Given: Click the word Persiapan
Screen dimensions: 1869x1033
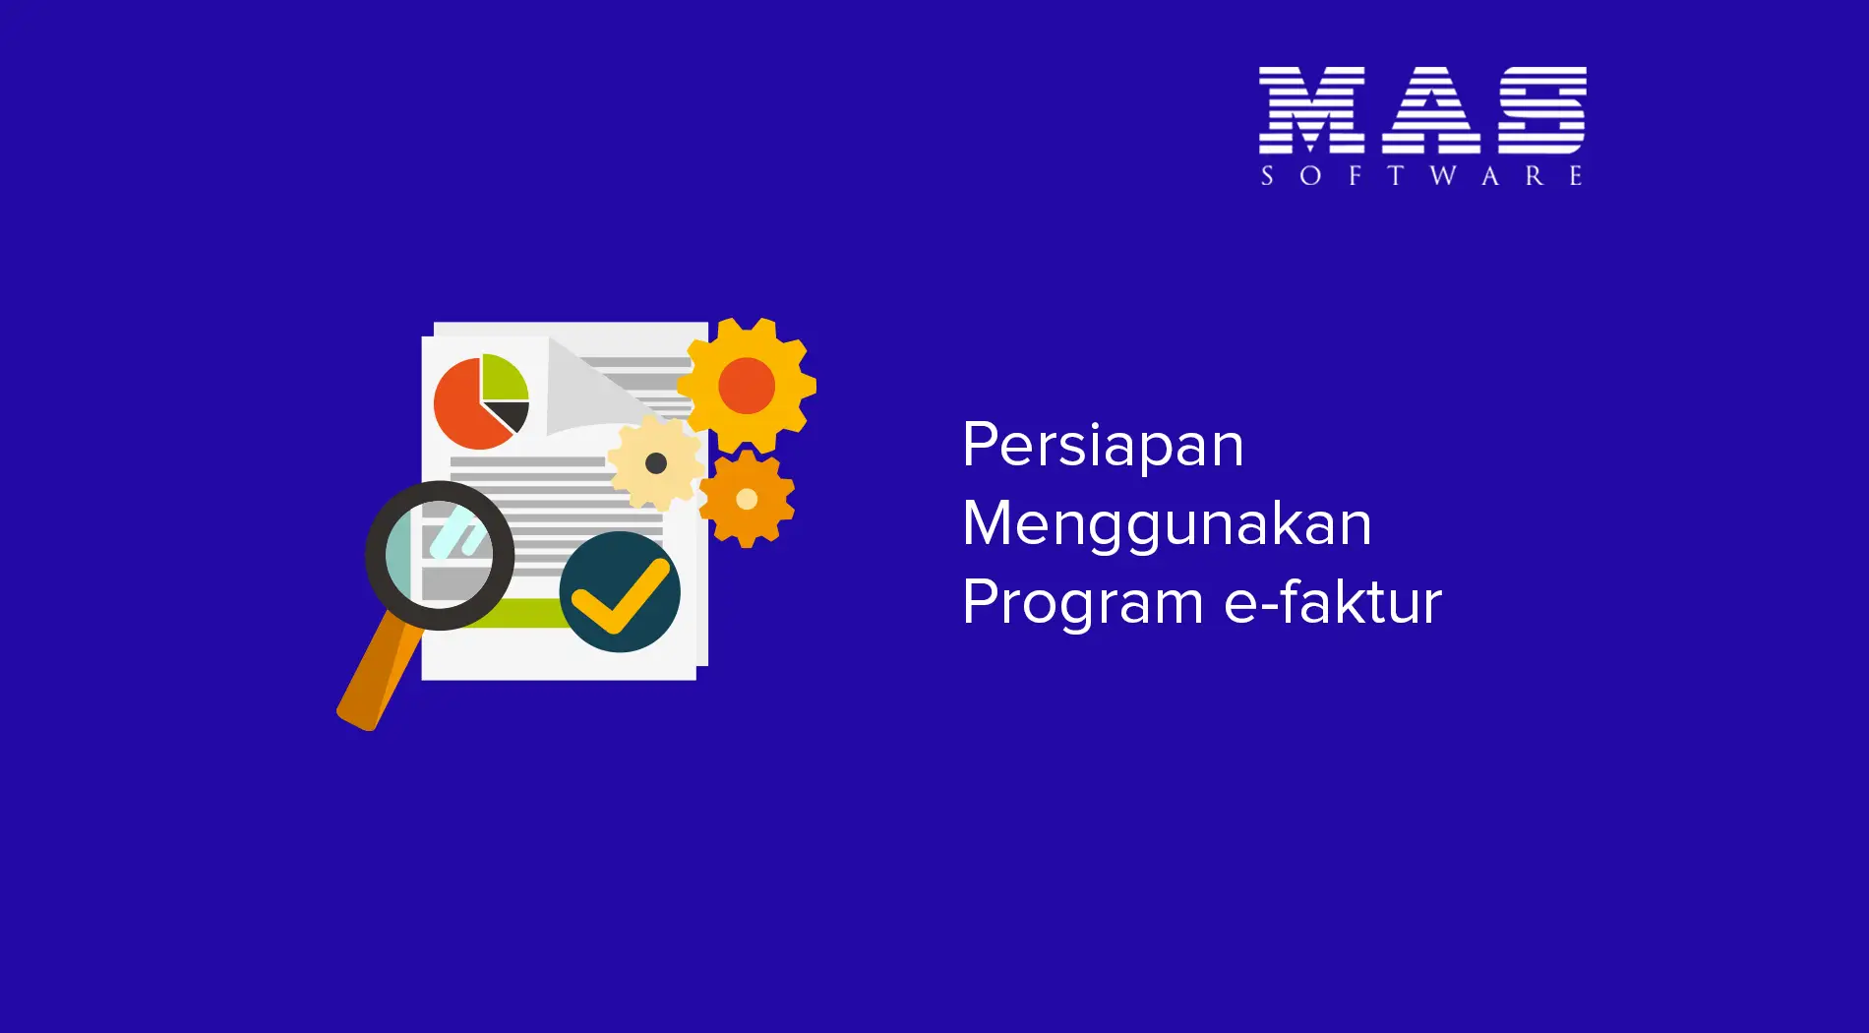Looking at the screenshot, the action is (1103, 446).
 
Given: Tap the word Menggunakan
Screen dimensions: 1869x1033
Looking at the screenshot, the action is (1167, 524).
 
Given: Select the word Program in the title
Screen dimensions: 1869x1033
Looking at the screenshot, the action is (1082, 603).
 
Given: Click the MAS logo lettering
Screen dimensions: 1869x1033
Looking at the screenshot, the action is (1422, 110).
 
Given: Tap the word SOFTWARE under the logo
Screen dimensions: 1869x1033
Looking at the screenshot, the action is (1422, 176).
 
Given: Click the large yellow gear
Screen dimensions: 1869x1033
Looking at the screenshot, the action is (747, 385).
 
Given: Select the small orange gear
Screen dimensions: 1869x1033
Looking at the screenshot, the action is (747, 499).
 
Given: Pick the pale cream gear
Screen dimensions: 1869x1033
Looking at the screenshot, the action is (656, 462).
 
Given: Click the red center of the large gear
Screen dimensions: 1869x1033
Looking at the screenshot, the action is (747, 385).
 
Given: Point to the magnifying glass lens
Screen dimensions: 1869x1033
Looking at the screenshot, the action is (440, 555).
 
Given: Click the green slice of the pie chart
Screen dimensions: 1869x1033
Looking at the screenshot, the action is (503, 378).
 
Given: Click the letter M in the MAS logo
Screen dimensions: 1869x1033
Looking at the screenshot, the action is (1311, 110).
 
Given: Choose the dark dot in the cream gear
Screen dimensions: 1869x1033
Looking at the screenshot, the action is (656, 462).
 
